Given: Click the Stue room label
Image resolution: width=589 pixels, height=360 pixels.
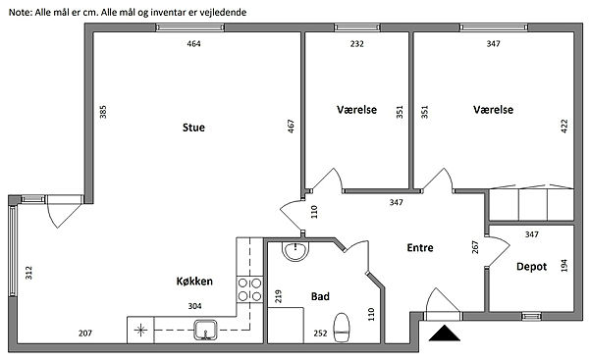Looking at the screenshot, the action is (x=193, y=128).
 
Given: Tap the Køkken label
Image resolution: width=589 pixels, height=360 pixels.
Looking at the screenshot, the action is (x=194, y=282).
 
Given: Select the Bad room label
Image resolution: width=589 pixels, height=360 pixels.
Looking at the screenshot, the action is (x=320, y=296).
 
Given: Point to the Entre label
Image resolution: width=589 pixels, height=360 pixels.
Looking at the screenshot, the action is (x=420, y=248).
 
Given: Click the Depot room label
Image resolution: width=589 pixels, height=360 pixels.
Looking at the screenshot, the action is (x=531, y=267).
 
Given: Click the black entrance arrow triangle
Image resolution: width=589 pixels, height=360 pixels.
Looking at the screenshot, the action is (x=445, y=334).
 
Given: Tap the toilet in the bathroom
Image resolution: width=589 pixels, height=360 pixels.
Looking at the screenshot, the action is (x=342, y=328).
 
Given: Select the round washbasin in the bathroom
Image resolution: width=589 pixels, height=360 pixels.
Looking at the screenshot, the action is (x=295, y=251).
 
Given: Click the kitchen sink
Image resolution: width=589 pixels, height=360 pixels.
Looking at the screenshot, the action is (x=205, y=330).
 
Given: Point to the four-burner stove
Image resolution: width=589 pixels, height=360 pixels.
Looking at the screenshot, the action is (x=249, y=289).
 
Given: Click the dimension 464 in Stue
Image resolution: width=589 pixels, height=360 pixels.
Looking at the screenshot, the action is (x=193, y=44).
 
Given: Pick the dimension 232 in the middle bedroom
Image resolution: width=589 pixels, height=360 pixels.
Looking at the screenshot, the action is (x=357, y=44).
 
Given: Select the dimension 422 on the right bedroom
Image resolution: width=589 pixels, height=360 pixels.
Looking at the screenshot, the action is (x=564, y=127).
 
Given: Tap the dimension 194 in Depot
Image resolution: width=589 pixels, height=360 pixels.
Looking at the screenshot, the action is (x=563, y=266).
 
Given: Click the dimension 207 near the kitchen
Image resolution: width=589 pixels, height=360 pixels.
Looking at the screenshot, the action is (x=85, y=333).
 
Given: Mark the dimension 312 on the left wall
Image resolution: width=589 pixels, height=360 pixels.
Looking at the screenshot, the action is (x=28, y=273).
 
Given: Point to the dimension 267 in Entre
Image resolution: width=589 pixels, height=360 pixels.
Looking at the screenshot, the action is (x=475, y=247).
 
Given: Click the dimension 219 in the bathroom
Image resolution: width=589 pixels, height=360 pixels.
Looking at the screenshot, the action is (x=279, y=296).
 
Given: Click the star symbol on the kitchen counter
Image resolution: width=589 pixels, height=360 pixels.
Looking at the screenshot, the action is (x=140, y=331).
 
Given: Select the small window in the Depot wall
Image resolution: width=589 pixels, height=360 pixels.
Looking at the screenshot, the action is (x=531, y=317).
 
